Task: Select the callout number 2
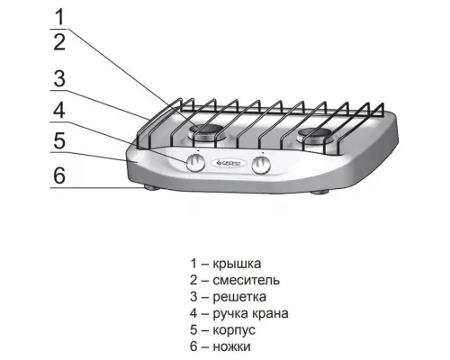58,41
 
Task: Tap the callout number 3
58,78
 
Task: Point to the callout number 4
58,112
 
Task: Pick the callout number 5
58,140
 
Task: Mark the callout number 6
58,175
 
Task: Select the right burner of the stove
315,136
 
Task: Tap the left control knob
195,163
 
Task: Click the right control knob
263,165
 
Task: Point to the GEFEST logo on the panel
229,163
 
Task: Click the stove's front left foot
145,189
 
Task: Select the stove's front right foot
320,193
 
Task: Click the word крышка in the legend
237,264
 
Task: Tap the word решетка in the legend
240,296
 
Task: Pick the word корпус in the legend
235,329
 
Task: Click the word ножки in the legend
233,346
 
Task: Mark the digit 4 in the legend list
193,313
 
